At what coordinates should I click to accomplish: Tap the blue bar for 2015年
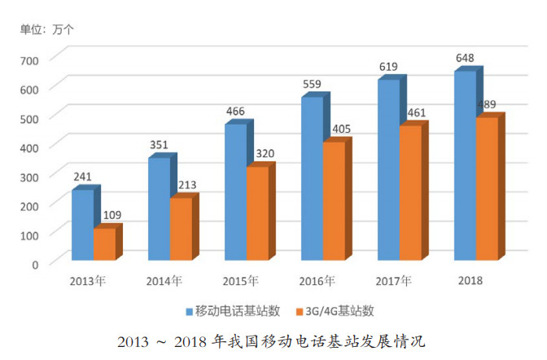(235, 192)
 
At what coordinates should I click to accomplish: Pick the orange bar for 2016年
(334, 202)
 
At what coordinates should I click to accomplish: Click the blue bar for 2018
(465, 166)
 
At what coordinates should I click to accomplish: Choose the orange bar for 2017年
(410, 193)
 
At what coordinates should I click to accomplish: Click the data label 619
(389, 67)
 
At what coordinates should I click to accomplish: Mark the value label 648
(466, 58)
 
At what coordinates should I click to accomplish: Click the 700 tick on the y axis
(29, 60)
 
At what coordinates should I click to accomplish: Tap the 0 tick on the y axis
(35, 264)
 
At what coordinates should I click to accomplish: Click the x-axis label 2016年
(318, 281)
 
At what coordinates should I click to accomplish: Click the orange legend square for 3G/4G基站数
(301, 310)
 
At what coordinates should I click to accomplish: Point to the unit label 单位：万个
(47, 30)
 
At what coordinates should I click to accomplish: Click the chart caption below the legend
(272, 340)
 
